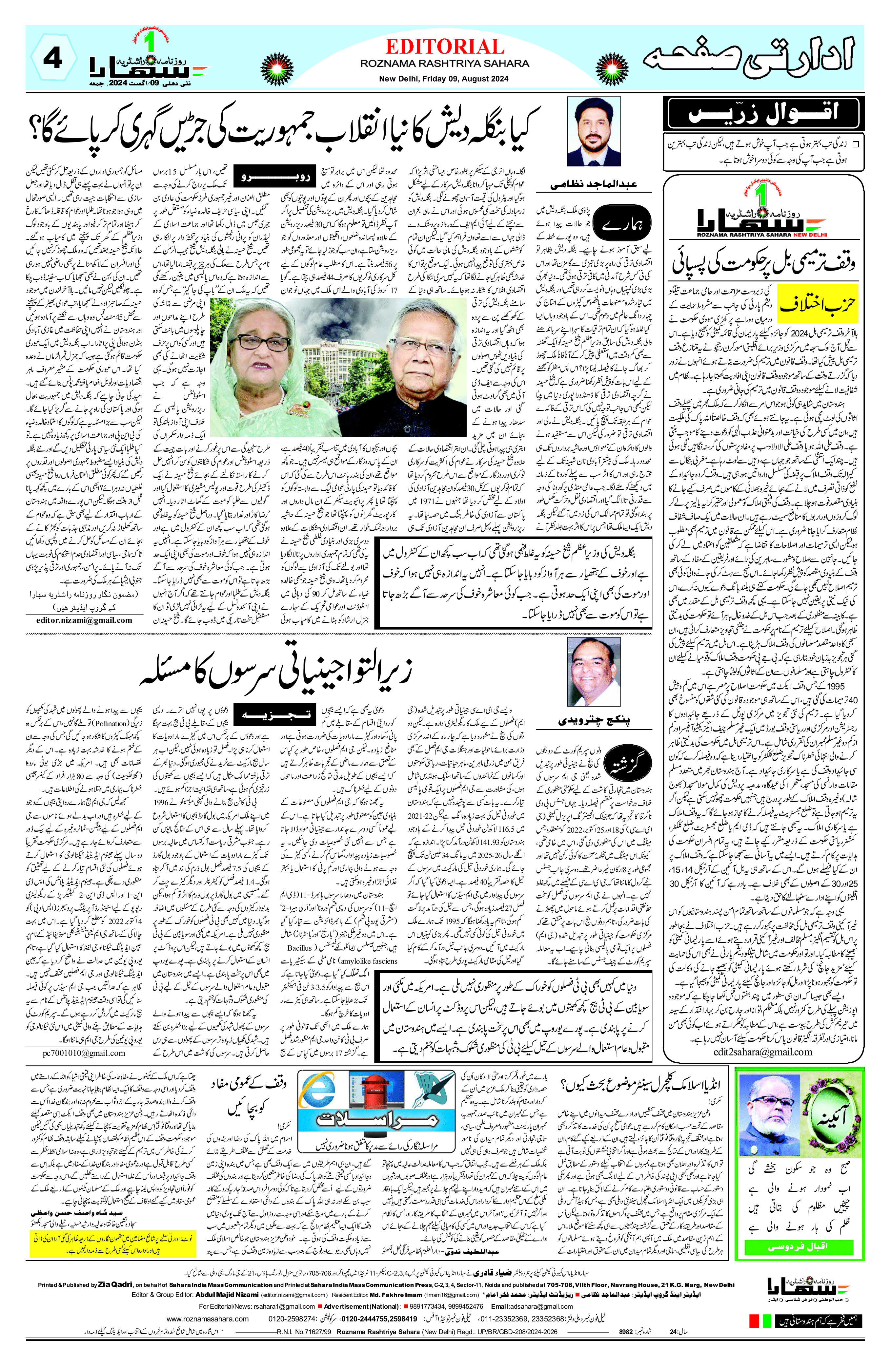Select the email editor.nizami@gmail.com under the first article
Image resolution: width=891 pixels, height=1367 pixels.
[x=84, y=620]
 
